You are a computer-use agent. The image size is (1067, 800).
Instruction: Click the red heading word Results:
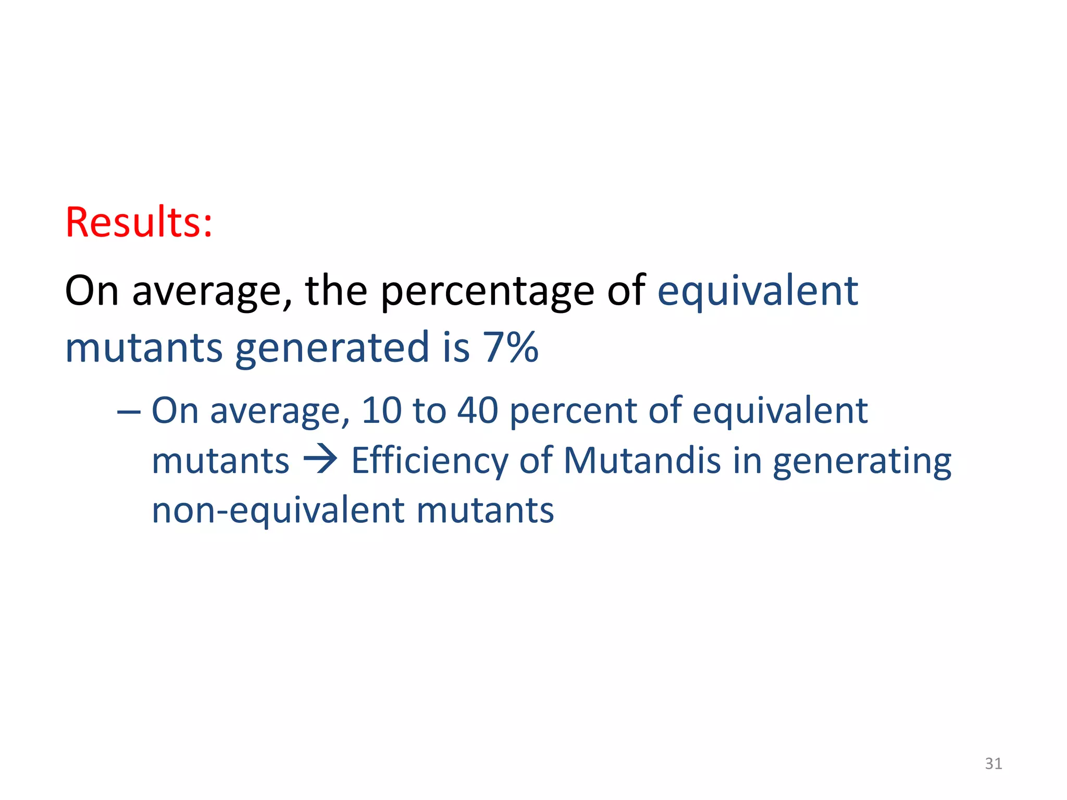(139, 222)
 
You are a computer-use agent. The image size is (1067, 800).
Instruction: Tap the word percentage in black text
(487, 291)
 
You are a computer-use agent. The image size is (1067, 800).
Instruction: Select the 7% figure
(511, 347)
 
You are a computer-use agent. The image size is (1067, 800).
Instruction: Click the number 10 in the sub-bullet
(382, 410)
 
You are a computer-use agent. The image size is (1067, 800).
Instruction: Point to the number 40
(478, 410)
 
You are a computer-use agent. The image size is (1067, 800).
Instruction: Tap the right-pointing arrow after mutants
(320, 460)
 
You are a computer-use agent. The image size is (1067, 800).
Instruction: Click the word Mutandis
(642, 460)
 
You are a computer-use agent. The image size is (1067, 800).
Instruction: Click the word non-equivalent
(277, 510)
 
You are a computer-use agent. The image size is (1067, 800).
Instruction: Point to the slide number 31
(994, 764)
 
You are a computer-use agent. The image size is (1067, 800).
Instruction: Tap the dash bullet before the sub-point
(129, 411)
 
